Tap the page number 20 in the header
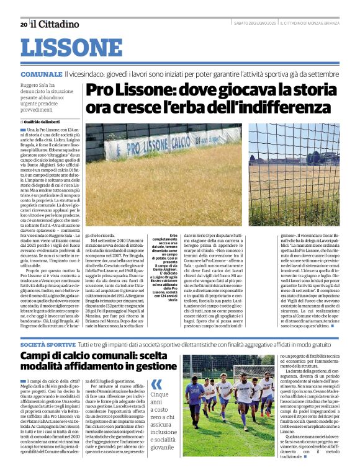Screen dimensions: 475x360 click(x=23, y=24)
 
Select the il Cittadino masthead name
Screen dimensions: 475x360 click(x=56, y=24)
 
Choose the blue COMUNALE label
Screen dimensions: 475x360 click(x=40, y=74)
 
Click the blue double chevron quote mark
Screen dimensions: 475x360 click(x=156, y=384)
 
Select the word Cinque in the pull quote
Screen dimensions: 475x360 click(x=160, y=394)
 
